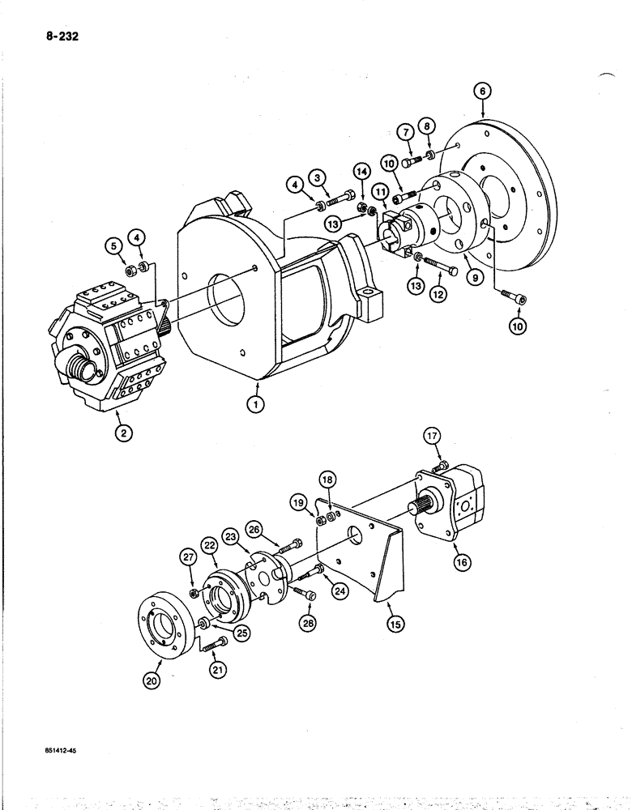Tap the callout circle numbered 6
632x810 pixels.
(483, 92)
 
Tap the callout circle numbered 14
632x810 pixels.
(362, 171)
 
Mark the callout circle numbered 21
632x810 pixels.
(218, 669)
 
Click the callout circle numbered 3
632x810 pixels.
(318, 177)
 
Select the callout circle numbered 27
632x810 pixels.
(188, 557)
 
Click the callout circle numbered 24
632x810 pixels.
(339, 590)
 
